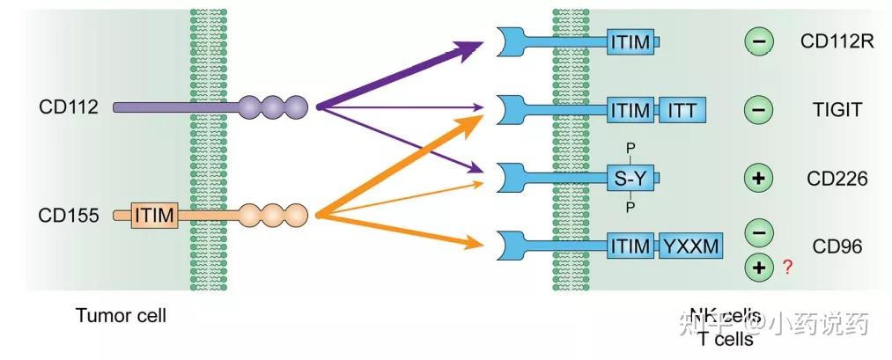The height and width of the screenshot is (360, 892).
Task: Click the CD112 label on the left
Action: (68, 107)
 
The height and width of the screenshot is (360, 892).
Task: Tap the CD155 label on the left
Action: (68, 214)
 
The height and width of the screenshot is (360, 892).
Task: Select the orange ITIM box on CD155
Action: (155, 214)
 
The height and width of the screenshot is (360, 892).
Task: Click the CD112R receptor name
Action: (837, 40)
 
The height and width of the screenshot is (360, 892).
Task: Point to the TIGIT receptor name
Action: (837, 110)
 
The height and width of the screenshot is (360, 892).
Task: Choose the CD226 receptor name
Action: (837, 179)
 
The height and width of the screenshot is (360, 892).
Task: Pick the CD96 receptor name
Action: (837, 246)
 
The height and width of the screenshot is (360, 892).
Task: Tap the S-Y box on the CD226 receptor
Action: (630, 179)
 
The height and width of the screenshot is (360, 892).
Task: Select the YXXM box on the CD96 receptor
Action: (691, 246)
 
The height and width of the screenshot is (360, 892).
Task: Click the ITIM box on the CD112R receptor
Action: (630, 40)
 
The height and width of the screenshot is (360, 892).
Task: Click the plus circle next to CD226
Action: (759, 179)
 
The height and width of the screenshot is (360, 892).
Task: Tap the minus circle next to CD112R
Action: (759, 40)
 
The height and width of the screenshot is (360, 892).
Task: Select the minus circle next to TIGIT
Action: (759, 110)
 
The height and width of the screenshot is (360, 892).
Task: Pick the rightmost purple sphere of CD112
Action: (296, 107)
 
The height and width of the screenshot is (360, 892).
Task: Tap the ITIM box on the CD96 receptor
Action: (630, 246)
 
